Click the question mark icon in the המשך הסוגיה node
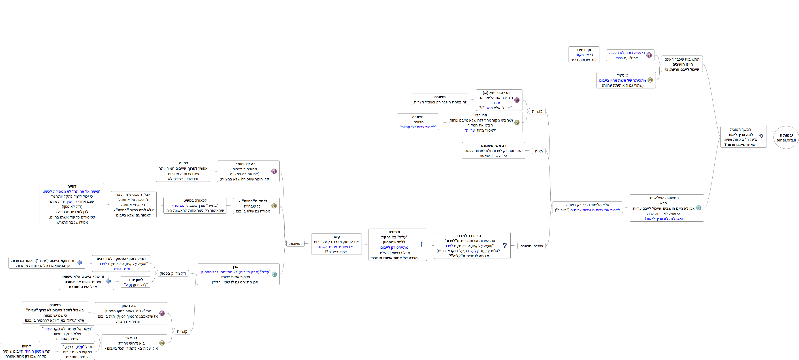(761, 137)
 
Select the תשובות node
(295, 244)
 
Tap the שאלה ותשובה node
(531, 246)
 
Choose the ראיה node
(539, 151)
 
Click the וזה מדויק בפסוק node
(173, 273)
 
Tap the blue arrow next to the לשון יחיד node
(109, 281)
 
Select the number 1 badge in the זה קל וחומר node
(274, 171)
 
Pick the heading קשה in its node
(336, 236)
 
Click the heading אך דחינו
(584, 50)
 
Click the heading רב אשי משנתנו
(494, 146)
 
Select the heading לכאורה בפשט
(195, 200)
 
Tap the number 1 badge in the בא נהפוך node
(162, 313)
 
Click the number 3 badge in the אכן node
(274, 274)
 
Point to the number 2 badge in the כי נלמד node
(650, 80)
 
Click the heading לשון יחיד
(136, 280)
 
